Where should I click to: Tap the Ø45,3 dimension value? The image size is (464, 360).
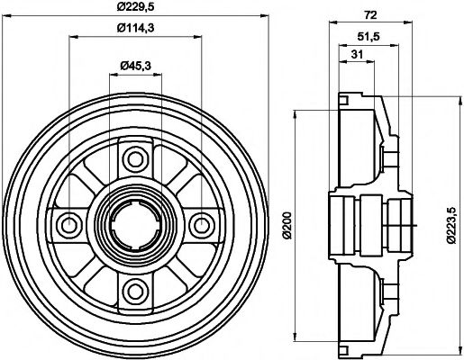pos(135,65)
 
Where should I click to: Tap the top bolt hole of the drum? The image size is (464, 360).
pos(136,160)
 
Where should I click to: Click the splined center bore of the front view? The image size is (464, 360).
pos(136,224)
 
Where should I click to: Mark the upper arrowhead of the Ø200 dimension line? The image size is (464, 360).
pos(298,114)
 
